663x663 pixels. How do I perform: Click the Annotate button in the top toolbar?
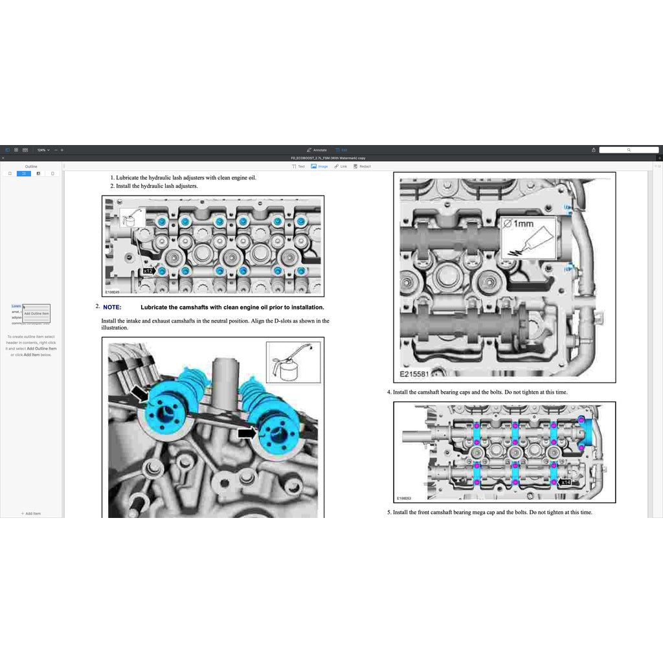coord(317,150)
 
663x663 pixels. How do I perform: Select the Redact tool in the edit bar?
coord(363,166)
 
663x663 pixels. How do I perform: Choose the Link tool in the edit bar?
coord(341,166)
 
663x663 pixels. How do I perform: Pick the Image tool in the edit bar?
coord(319,166)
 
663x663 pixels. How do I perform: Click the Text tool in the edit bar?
coord(298,166)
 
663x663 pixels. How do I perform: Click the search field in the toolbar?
coord(628,150)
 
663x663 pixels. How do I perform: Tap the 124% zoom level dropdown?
coord(43,150)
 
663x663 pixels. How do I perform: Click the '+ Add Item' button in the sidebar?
coord(31,513)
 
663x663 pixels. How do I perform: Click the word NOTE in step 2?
coord(112,308)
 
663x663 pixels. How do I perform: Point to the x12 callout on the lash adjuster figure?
coord(148,271)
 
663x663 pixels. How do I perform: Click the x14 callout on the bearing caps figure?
coord(565,482)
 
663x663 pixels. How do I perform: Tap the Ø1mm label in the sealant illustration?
coord(520,224)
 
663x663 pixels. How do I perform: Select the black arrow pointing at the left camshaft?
coord(140,392)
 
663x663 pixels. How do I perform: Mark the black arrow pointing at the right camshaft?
coord(245,432)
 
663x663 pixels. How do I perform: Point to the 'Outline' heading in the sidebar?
coord(31,166)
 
